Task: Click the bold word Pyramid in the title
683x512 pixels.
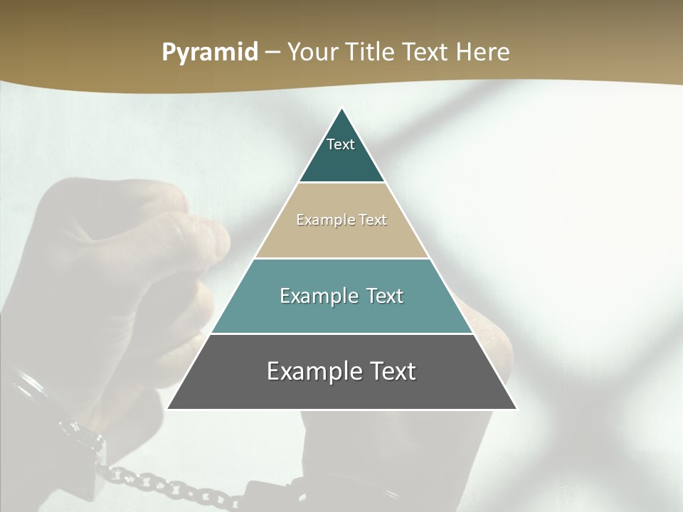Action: coord(210,53)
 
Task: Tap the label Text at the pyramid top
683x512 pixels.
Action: coord(341,144)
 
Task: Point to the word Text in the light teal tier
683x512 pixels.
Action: coord(385,296)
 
